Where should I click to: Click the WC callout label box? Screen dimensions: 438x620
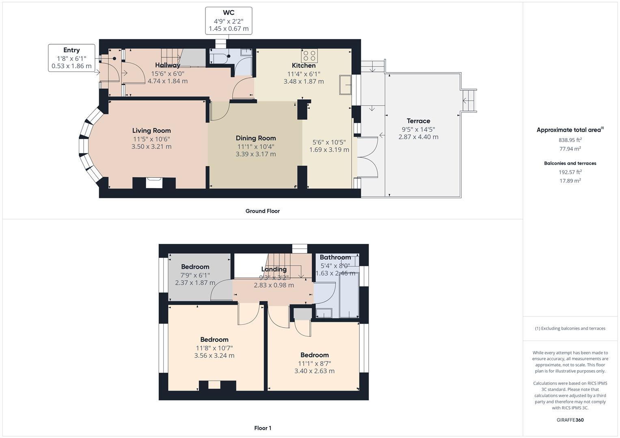coord(228,21)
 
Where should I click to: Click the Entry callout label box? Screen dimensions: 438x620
coord(71,58)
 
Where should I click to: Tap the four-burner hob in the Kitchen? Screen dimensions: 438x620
coord(309,55)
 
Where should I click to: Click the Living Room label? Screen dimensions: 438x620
coord(151,131)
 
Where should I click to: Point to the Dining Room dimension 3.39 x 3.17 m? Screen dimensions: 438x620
coord(255,154)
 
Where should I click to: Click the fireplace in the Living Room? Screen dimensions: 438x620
coord(154,183)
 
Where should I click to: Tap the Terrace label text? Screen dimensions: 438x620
coord(418,121)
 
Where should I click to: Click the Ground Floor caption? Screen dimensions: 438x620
coord(262,211)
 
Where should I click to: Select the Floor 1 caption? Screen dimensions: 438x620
coord(262,428)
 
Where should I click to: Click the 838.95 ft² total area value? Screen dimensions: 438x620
coord(570,140)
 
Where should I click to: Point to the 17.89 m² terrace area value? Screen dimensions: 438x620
coord(570,181)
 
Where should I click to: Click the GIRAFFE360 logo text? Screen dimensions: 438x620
coord(570,420)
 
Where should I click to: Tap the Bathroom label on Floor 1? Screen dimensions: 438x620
coord(335,257)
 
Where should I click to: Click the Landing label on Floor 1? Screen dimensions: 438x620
coord(274,269)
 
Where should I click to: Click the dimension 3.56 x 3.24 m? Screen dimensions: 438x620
coord(214,356)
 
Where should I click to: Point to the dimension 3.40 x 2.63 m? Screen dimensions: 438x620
coord(314,371)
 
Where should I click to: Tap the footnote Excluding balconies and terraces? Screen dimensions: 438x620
coord(570,328)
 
